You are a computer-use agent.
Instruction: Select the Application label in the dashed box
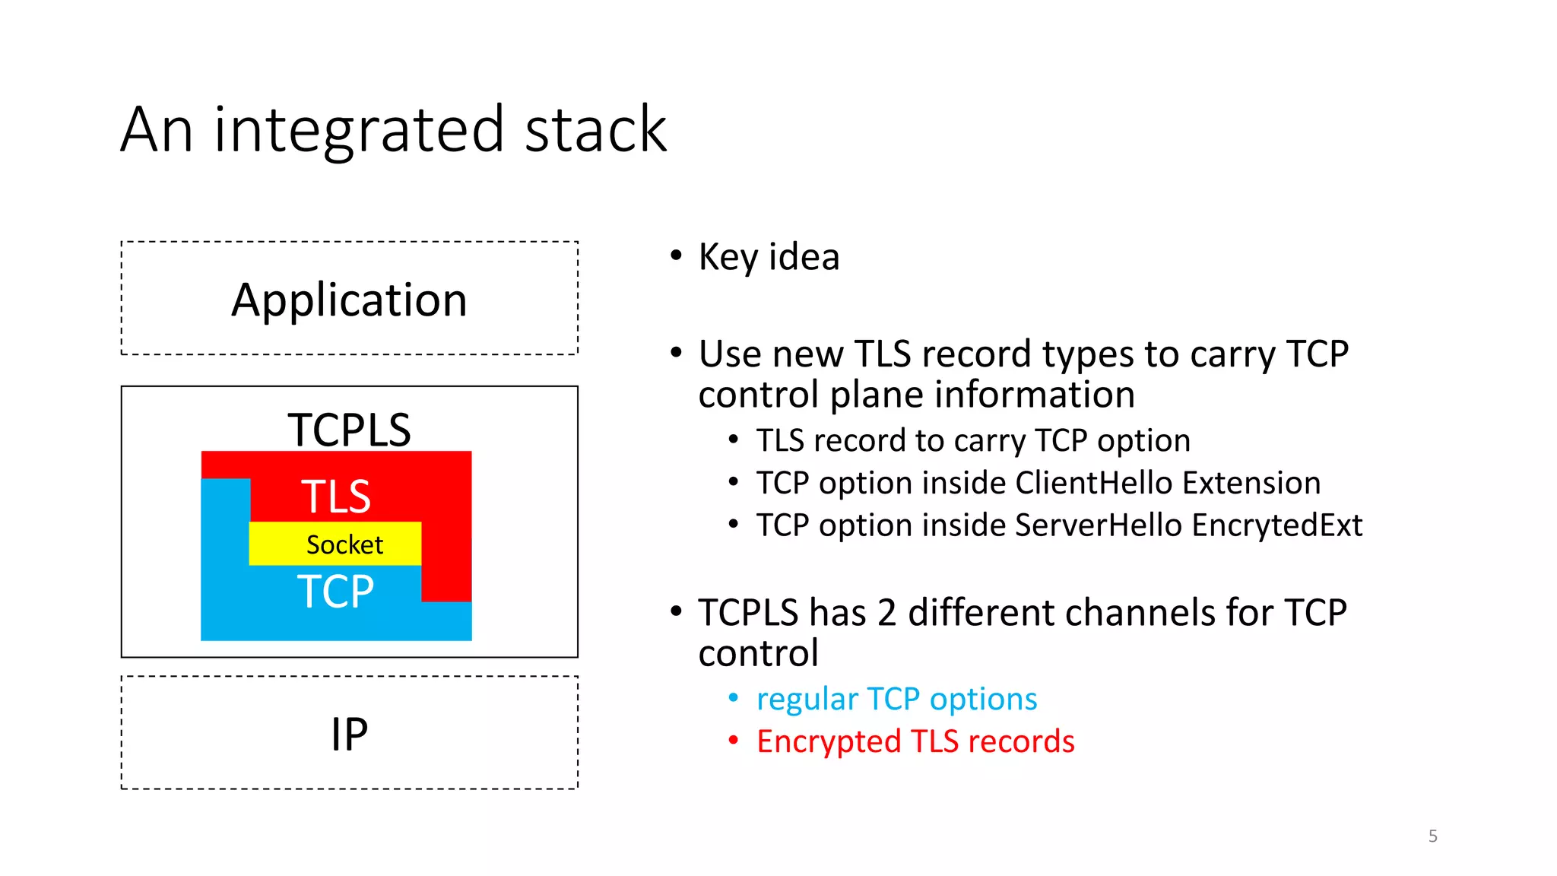[349, 300]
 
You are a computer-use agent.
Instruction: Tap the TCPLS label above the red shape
[349, 430]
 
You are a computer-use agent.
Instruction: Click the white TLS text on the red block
[335, 497]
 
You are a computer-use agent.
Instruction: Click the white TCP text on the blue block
[335, 592]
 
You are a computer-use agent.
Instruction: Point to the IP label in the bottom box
[349, 735]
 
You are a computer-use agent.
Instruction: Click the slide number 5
[1432, 836]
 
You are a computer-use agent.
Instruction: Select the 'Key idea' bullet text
[769, 257]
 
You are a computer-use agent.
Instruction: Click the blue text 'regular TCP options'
[896, 699]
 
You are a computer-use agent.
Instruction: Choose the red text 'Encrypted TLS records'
[915, 741]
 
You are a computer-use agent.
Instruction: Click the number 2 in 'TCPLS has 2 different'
[886, 613]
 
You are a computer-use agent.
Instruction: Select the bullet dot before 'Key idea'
[676, 255]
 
